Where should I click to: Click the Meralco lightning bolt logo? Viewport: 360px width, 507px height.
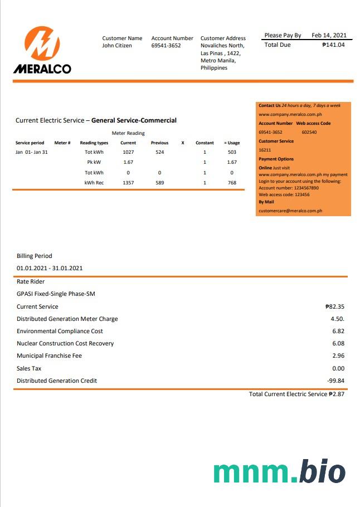pyautogui.click(x=42, y=43)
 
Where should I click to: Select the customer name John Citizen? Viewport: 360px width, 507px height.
pyautogui.click(x=117, y=46)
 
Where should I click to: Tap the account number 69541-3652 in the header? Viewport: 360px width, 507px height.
pyautogui.click(x=166, y=46)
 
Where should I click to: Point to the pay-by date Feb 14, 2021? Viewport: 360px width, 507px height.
pyautogui.click(x=329, y=36)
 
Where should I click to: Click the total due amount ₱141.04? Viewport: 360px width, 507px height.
pyautogui.click(x=333, y=45)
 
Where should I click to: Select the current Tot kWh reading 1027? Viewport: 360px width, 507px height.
pyautogui.click(x=128, y=152)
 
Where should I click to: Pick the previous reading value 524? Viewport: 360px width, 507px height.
pyautogui.click(x=160, y=152)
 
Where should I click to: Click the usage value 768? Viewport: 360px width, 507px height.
pyautogui.click(x=232, y=183)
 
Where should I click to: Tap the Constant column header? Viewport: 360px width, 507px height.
pyautogui.click(x=205, y=143)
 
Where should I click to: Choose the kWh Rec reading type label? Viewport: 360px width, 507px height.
pyautogui.click(x=94, y=183)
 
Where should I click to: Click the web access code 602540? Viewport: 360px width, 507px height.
pyautogui.click(x=309, y=132)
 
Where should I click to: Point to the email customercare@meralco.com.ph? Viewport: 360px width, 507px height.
pyautogui.click(x=290, y=211)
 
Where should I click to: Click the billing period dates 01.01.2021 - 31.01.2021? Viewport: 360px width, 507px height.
pyautogui.click(x=50, y=268)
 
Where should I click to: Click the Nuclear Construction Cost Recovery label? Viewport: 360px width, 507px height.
pyautogui.click(x=65, y=343)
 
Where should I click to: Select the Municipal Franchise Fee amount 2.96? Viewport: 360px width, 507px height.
pyautogui.click(x=338, y=355)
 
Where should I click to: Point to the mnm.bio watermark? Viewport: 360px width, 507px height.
pyautogui.click(x=279, y=472)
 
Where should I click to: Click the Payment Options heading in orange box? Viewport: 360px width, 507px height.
pyautogui.click(x=276, y=159)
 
